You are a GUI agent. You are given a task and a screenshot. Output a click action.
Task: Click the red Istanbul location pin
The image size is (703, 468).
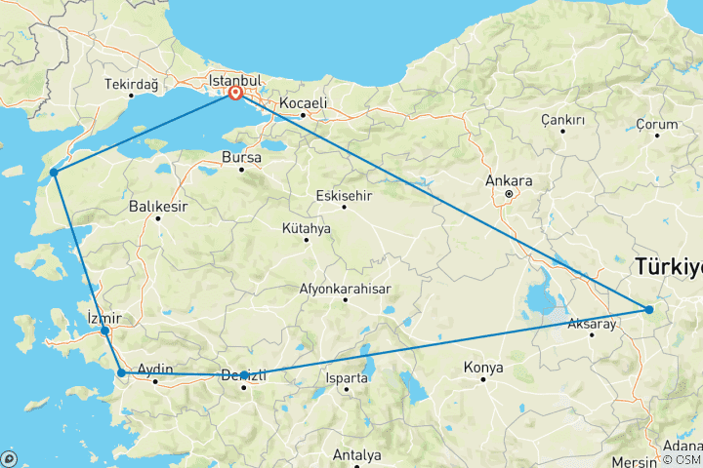click(x=235, y=94)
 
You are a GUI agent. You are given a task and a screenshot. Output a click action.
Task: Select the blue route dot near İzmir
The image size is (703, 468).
click(x=104, y=331)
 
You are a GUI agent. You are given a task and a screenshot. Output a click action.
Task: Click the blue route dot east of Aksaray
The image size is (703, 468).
click(x=649, y=310)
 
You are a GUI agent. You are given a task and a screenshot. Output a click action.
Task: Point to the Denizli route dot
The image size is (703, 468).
click(x=243, y=375)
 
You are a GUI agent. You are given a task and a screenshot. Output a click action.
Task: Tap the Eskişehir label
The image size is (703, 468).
click(x=345, y=194)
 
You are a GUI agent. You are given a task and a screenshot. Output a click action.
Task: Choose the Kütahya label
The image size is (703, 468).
click(x=306, y=228)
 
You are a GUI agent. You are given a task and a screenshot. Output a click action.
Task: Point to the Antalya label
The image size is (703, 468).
click(x=355, y=455)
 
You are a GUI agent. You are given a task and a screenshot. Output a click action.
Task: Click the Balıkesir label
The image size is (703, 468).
click(x=157, y=207)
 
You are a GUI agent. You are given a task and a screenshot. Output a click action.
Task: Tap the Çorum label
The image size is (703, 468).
click(x=656, y=124)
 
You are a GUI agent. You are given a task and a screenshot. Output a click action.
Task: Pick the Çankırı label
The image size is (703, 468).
click(x=562, y=119)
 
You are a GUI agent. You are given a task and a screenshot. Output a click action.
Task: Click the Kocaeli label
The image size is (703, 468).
click(x=303, y=102)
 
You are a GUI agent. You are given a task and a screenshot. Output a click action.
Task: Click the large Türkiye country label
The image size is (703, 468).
click(x=668, y=265)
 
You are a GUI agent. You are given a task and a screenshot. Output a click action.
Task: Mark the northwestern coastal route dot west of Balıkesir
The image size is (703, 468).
click(x=55, y=173)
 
